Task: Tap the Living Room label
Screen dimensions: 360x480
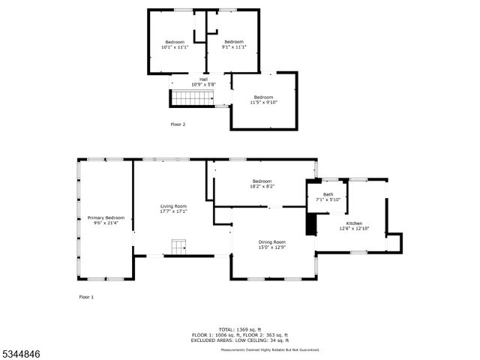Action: tap(173, 206)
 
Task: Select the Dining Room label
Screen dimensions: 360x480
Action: tap(272, 241)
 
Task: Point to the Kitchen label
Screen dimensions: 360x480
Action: tap(354, 223)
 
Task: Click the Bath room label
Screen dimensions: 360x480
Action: tap(328, 194)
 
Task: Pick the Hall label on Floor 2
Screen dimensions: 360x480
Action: tap(203, 79)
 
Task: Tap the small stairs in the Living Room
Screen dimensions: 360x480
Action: tap(178, 247)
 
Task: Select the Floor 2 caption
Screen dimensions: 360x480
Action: tap(178, 124)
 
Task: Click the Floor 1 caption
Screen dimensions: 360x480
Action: tap(87, 297)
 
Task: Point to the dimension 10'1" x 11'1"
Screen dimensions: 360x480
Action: tap(174, 47)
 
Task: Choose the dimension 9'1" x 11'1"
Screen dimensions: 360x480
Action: tap(234, 47)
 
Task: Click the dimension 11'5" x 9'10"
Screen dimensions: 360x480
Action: tap(263, 103)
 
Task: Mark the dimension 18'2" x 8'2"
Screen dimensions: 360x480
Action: tap(262, 187)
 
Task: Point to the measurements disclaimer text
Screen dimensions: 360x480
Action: tap(270, 349)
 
